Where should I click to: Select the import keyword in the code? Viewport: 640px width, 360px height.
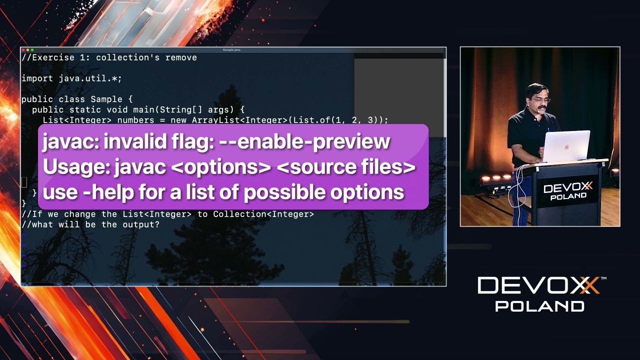pos(37,78)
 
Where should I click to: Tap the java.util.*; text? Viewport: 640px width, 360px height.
pos(90,78)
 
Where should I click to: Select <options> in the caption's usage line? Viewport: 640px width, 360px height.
pos(220,167)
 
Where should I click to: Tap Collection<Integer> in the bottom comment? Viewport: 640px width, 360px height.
pos(263,214)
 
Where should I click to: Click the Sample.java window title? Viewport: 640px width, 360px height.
pos(233,49)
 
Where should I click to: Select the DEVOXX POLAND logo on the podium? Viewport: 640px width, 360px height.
pos(567,191)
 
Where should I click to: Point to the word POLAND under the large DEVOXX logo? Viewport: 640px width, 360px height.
pos(539,305)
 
